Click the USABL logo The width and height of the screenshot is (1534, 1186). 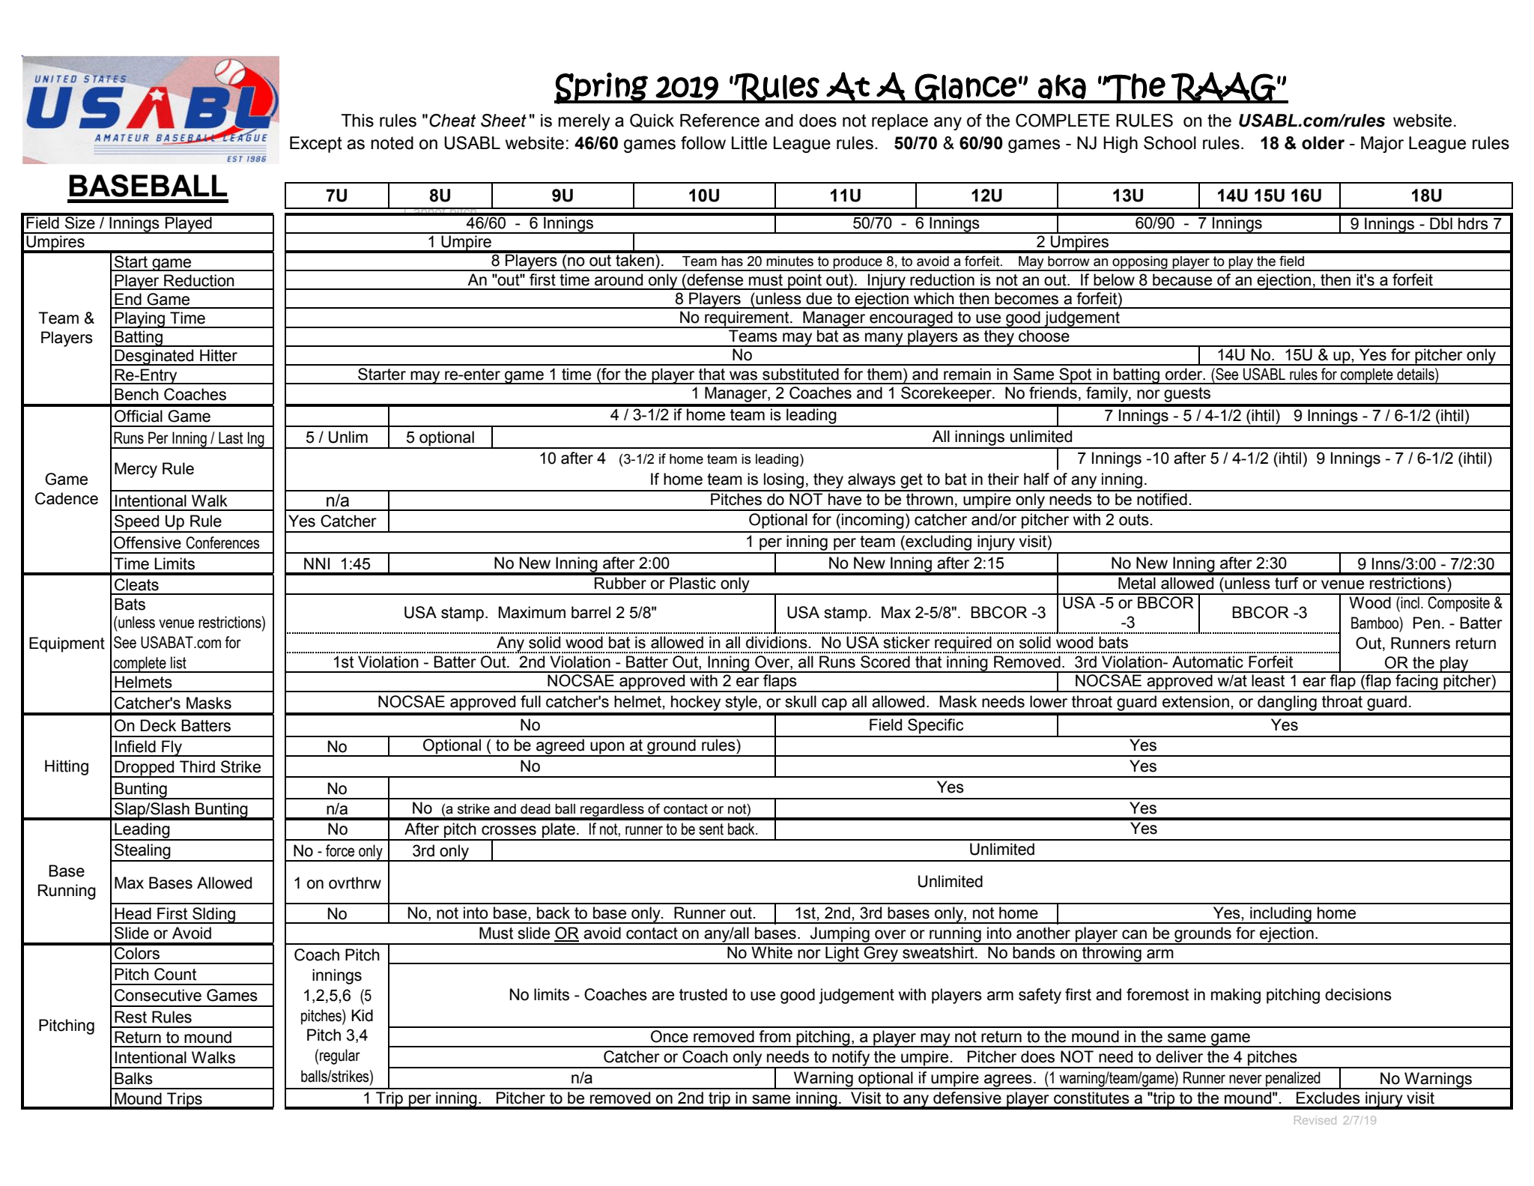[151, 109]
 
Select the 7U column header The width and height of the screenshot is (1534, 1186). [336, 196]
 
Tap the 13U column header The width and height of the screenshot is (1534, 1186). [1127, 196]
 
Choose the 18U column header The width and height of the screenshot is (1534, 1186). [1425, 196]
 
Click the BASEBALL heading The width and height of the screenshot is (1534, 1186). [148, 187]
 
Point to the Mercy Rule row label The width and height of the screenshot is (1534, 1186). [154, 469]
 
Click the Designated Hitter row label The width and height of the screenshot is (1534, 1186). [175, 356]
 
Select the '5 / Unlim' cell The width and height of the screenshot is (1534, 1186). [336, 438]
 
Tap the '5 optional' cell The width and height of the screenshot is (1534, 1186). [440, 438]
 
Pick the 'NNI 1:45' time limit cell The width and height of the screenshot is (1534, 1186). [336, 564]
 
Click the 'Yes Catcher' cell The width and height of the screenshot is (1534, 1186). [333, 521]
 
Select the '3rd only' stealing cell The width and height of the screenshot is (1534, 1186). [440, 851]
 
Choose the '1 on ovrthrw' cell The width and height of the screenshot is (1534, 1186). [336, 883]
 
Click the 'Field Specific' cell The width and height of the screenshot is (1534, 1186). [915, 725]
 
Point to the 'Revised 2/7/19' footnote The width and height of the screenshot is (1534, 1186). [1334, 1121]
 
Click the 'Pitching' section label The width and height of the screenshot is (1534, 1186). [67, 1026]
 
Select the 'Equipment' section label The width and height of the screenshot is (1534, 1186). [67, 644]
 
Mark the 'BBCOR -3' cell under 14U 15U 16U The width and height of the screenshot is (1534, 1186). [1269, 613]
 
